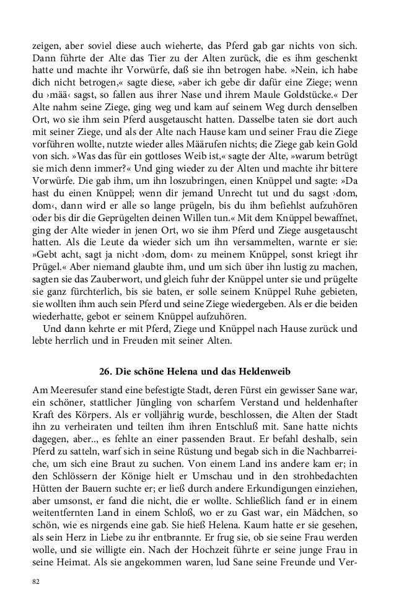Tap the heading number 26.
click(x=105, y=372)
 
